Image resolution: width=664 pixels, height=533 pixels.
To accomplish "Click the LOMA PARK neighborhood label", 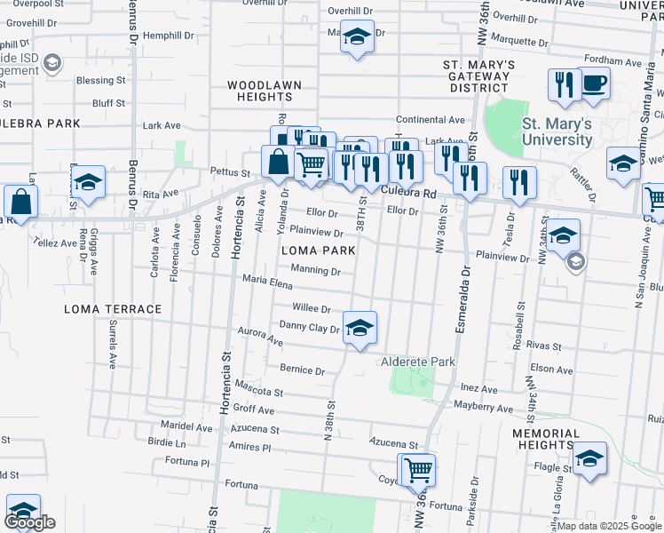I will pos(318,251).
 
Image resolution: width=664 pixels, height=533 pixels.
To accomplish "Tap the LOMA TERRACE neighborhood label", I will pos(113,309).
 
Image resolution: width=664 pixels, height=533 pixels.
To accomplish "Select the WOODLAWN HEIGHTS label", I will pos(264,91).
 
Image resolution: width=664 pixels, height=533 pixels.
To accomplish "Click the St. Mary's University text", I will pos(557,131).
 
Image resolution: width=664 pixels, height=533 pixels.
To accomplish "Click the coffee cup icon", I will pos(594,84).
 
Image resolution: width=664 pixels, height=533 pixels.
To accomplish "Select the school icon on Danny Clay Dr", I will pos(359,328).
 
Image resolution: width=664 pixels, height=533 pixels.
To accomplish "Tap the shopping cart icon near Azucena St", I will pos(418,469).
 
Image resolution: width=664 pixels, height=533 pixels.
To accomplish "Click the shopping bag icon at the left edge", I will pos(20,201).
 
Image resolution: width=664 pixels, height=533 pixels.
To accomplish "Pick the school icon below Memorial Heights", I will pos(589,457).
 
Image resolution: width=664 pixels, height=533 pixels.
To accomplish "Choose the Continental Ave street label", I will pos(431,120).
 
